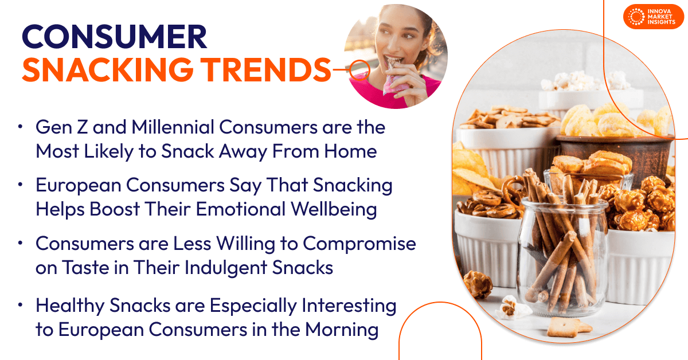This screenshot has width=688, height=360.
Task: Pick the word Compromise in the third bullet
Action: (359, 244)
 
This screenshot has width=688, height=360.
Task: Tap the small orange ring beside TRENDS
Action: (359, 69)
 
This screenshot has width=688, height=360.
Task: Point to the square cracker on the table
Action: (560, 327)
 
